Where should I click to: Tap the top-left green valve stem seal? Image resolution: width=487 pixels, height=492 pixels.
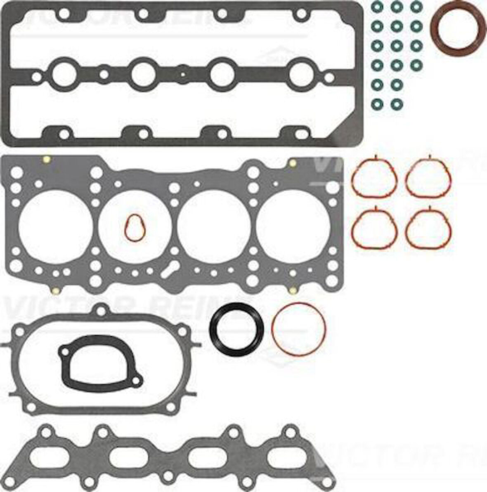coord(376,7)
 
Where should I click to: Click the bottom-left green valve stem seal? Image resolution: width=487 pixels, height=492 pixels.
coord(376,102)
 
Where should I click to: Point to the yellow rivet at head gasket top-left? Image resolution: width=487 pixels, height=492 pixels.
coord(46,159)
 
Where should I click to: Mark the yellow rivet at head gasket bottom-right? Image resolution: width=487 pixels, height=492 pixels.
coord(293,291)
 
